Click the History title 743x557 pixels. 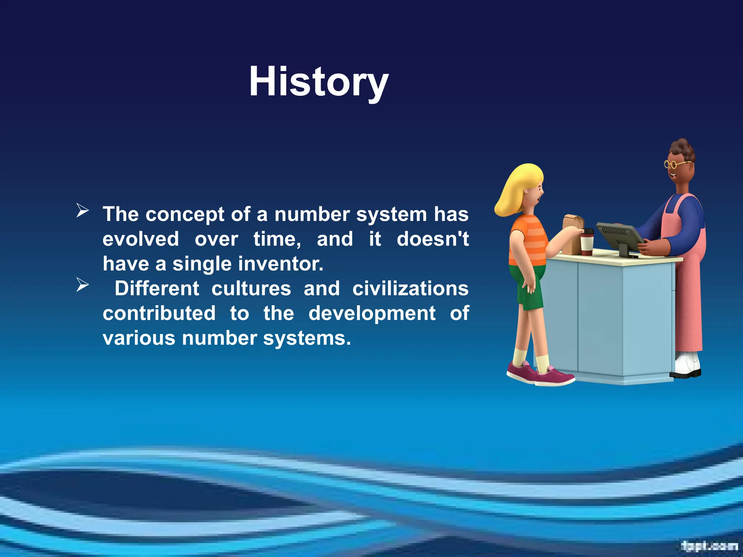tap(319, 82)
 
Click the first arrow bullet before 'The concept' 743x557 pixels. tap(82, 211)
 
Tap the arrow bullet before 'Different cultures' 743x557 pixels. tap(82, 285)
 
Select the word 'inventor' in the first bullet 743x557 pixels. tap(284, 264)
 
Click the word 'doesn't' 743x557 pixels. tap(432, 239)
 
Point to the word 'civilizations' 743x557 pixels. tap(410, 289)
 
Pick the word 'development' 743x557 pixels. tap(372, 313)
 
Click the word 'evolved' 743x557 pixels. tap(141, 239)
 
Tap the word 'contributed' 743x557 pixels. tap(159, 313)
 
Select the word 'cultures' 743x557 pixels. tap(251, 289)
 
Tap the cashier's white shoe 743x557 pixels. tap(687, 364)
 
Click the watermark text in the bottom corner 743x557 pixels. tap(709, 545)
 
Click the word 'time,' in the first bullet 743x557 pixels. tap(277, 239)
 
